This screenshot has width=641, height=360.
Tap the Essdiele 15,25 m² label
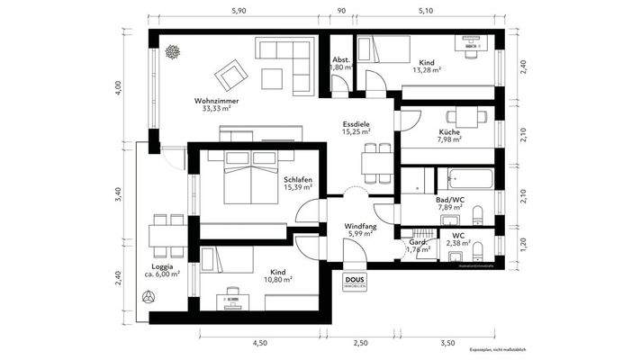pos(357,128)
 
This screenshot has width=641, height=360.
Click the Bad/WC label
pos(449,202)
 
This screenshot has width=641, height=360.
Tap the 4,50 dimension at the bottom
pos(260,343)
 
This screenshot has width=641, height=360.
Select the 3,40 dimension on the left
pos(117,197)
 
